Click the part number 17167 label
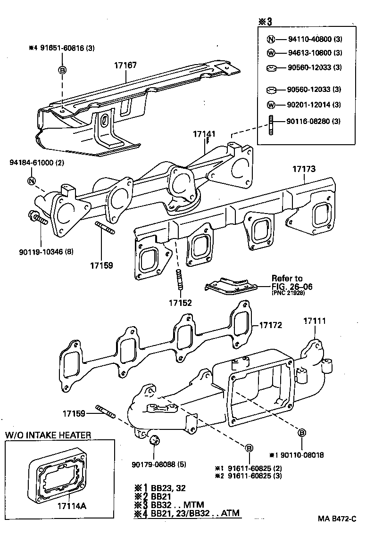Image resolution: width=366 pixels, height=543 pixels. click(x=125, y=65)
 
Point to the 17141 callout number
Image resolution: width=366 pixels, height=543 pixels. click(x=204, y=134)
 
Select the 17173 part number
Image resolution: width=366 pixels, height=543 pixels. click(x=304, y=168)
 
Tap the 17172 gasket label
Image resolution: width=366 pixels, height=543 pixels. click(x=270, y=325)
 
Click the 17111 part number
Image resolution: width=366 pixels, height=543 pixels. click(x=315, y=321)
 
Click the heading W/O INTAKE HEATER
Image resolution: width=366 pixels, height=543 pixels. click(x=48, y=435)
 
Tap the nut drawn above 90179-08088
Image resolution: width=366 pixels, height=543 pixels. click(x=153, y=441)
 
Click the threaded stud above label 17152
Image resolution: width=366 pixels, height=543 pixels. click(x=179, y=281)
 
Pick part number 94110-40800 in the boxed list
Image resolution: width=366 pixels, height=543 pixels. click(x=309, y=40)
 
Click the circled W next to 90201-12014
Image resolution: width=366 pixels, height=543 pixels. click(x=271, y=105)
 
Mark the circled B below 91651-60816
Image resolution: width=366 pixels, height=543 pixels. click(x=62, y=70)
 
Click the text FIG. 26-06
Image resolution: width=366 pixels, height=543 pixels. click(x=291, y=286)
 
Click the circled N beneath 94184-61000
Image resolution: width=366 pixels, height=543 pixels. click(x=32, y=181)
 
